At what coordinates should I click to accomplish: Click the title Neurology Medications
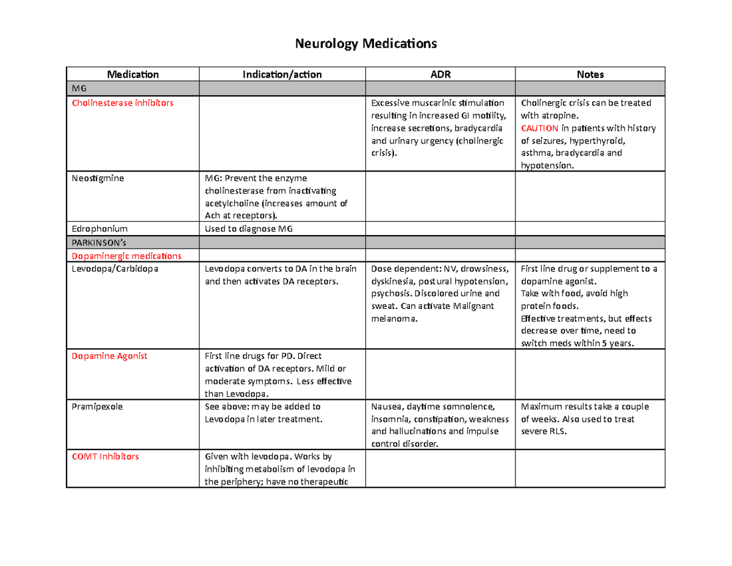[366, 44]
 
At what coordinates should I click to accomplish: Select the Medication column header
[133, 74]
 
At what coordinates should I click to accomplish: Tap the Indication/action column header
[282, 74]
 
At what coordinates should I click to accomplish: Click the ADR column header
[440, 74]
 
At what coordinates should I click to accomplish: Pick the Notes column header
[590, 74]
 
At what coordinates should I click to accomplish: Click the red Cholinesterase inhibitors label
[123, 103]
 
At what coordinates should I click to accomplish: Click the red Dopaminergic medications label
[126, 255]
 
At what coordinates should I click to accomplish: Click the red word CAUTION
[539, 128]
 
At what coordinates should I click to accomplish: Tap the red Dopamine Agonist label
[109, 356]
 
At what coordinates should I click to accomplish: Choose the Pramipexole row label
[97, 407]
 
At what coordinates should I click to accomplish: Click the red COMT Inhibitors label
[106, 456]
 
